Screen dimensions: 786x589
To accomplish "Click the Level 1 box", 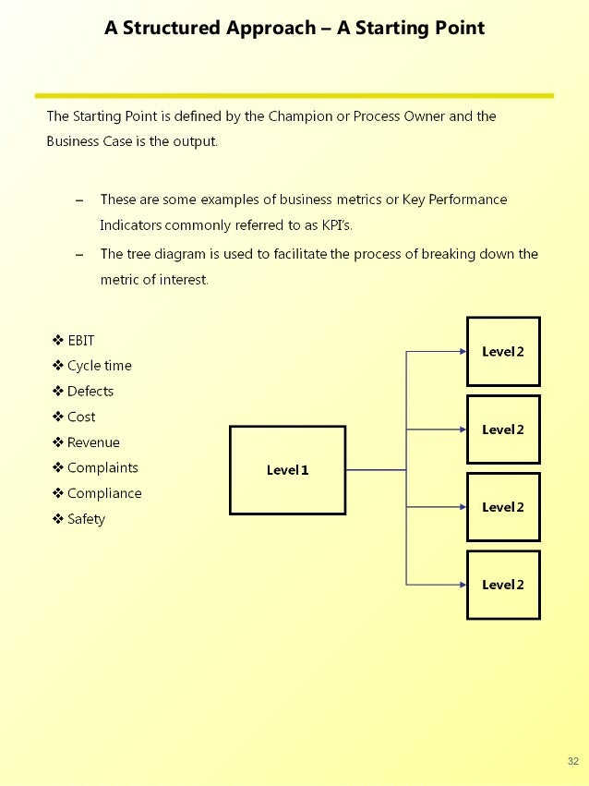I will click(287, 470).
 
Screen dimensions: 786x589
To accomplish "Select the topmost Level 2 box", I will click(503, 352).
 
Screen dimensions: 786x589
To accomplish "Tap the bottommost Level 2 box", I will click(503, 585).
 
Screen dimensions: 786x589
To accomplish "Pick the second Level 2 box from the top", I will click(503, 429).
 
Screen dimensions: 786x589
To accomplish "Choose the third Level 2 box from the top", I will click(503, 507).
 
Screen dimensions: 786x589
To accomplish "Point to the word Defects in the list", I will click(90, 392).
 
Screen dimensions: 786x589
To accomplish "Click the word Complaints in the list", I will click(102, 468).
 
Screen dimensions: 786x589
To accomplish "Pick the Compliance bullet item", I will click(104, 493).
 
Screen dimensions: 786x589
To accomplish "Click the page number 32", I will click(573, 761).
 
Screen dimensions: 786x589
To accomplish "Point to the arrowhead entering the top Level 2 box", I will click(463, 352).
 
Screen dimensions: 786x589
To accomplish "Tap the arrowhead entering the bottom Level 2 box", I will click(463, 585).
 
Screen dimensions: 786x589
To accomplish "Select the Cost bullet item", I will click(81, 417).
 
